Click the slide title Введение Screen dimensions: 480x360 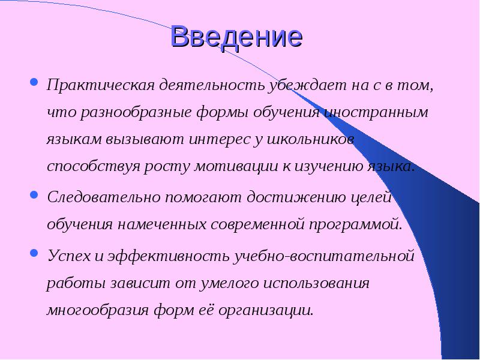point(236,37)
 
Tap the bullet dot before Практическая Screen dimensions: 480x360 point(34,82)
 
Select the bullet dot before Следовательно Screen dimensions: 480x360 point(34,194)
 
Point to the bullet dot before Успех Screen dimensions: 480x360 point(34,253)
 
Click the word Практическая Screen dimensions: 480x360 point(101,85)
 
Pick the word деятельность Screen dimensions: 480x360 point(212,85)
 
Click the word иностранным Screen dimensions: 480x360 point(376,112)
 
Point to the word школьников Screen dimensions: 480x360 point(310,140)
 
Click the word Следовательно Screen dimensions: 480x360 point(104,197)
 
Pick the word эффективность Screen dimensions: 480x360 point(169,256)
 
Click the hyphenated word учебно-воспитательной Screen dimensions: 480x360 point(324,256)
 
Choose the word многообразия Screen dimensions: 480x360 point(98,311)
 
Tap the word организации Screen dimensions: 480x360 point(266,311)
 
